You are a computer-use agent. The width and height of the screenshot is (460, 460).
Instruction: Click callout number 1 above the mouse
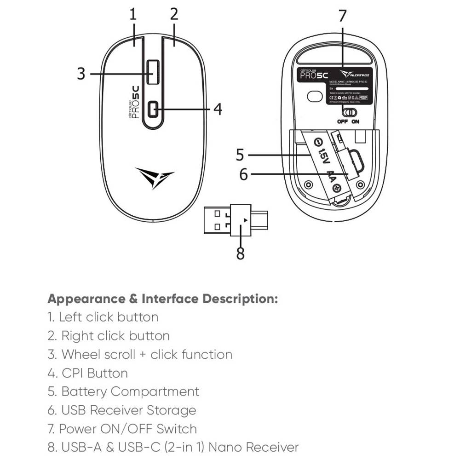pos(133,14)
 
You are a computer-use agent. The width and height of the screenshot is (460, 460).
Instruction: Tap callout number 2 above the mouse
pos(173,14)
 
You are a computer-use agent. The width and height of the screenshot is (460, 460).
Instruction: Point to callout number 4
pos(218,109)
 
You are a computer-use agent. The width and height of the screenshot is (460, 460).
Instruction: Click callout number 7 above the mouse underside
pos(342,16)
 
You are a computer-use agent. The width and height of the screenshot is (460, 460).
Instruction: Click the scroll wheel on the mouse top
pos(153,72)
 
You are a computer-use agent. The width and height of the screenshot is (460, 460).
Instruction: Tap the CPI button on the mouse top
pos(153,109)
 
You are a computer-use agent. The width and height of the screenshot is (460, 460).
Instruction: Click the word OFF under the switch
pos(342,122)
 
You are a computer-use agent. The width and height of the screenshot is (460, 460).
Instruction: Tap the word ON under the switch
pos(356,122)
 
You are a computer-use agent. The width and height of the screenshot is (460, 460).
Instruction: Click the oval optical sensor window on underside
pos(315,96)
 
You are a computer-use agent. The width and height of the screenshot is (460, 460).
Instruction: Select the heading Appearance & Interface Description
pos(163,299)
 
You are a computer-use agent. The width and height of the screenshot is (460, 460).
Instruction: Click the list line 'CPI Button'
pos(87,373)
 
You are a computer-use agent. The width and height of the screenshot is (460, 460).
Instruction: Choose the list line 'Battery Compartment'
pos(123,392)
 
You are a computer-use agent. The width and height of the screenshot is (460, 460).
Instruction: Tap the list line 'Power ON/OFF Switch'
pos(122,429)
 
